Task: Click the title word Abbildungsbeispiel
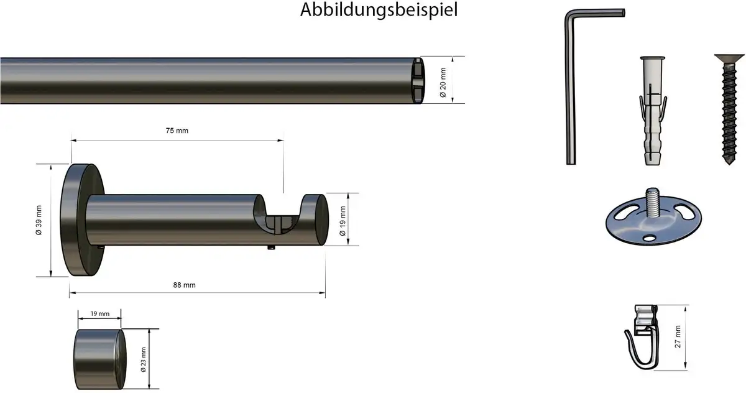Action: [x=379, y=11]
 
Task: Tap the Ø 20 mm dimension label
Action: [x=443, y=83]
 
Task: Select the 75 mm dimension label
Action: [x=177, y=131]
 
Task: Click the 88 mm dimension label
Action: [x=184, y=285]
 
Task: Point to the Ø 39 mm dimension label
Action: [x=39, y=221]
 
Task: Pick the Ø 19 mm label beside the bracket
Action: [x=343, y=221]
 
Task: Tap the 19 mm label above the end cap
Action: [x=100, y=314]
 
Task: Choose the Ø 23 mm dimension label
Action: [x=144, y=359]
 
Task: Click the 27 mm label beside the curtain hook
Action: [x=678, y=336]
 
